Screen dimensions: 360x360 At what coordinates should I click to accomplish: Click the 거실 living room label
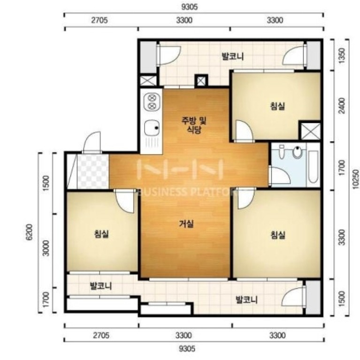[186, 224]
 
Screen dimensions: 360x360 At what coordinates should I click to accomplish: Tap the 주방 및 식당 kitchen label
[194, 125]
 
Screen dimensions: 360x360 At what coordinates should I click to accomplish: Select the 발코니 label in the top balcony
[232, 56]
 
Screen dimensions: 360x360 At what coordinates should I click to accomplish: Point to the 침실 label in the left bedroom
[101, 234]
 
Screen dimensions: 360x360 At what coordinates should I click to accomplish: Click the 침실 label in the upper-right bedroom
[277, 106]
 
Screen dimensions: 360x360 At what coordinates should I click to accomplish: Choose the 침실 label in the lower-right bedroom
[278, 235]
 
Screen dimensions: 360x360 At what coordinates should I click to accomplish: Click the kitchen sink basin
[152, 128]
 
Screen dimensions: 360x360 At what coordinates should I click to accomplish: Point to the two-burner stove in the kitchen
[152, 102]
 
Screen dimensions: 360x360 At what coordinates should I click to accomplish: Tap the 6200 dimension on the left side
[30, 232]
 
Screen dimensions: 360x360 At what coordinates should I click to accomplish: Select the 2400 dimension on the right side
[342, 105]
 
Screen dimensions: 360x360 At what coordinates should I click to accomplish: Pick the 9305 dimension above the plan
[190, 7]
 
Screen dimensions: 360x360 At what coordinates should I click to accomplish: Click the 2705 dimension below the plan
[101, 336]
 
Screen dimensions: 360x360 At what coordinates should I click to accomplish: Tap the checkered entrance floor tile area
[93, 171]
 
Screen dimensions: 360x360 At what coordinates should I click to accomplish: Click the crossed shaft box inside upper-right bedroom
[311, 131]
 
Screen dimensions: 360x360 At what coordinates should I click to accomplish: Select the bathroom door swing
[280, 175]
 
